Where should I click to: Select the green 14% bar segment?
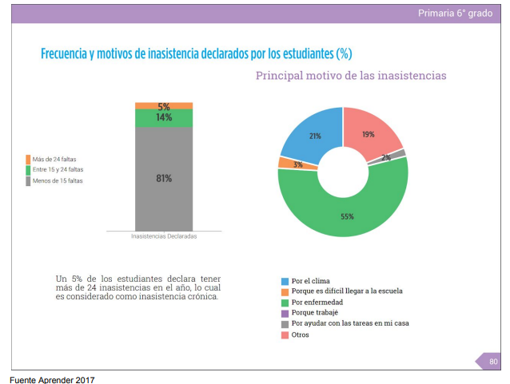click(x=164, y=118)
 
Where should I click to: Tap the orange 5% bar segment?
click(x=164, y=106)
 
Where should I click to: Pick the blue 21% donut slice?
click(x=312, y=134)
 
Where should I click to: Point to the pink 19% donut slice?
click(x=369, y=132)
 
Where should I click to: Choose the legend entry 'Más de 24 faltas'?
click(x=54, y=159)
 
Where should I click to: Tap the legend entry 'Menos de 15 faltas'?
click(x=57, y=180)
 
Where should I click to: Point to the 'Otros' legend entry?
click(x=300, y=335)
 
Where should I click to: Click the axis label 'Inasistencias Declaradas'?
click(x=164, y=237)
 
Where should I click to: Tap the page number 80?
click(x=493, y=362)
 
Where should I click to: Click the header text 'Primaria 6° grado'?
click(x=456, y=14)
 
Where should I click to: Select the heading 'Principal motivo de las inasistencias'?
click(x=350, y=76)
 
